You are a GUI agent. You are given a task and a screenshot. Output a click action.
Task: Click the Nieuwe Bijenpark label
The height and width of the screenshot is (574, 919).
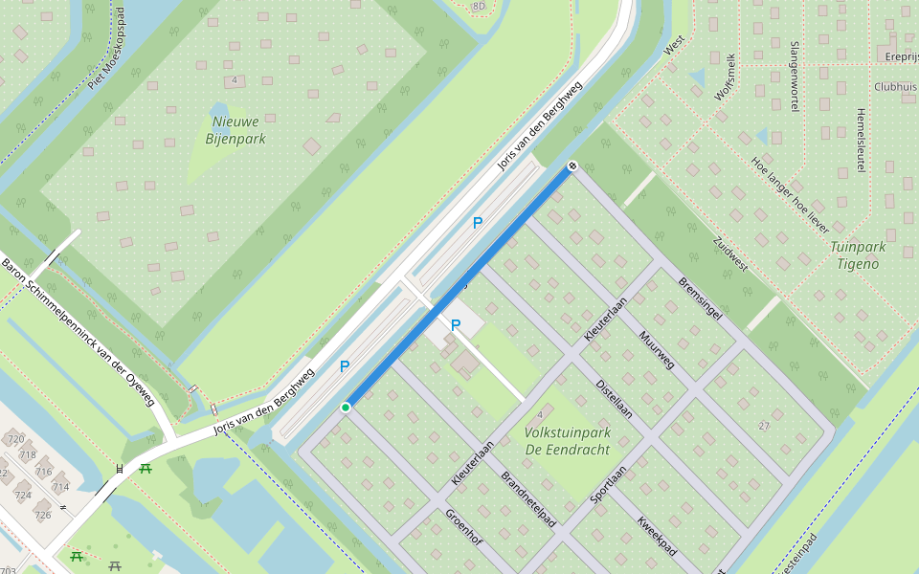pyautogui.click(x=235, y=130)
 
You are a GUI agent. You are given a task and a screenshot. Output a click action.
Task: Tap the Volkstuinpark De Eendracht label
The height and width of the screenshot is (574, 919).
pyautogui.click(x=568, y=440)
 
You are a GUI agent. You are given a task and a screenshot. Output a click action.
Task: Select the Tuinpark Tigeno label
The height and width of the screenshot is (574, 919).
pyautogui.click(x=858, y=254)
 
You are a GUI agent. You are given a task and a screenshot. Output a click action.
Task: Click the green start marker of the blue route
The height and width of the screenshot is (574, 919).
pyautogui.click(x=346, y=408)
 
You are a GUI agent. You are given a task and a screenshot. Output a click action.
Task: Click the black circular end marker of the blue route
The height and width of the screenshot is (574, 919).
pyautogui.click(x=572, y=166)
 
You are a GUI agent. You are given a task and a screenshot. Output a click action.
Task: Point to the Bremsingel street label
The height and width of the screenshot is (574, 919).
pyautogui.click(x=699, y=298)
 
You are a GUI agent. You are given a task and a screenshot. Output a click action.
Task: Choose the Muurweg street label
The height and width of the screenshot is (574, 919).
pyautogui.click(x=657, y=350)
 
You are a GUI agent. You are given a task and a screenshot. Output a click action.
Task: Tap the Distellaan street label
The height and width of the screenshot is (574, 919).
pyautogui.click(x=615, y=398)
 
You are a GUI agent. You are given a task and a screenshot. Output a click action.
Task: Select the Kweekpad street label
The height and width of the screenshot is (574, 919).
pyautogui.click(x=657, y=537)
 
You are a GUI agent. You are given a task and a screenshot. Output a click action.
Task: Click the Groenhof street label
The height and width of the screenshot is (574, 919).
pyautogui.click(x=463, y=526)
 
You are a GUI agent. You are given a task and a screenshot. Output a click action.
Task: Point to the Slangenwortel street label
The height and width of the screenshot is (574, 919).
pyautogui.click(x=795, y=77)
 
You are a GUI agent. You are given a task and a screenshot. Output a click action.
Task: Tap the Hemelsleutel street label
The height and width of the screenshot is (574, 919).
pyautogui.click(x=861, y=140)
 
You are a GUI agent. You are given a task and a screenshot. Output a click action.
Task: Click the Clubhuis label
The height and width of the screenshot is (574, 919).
pyautogui.click(x=895, y=86)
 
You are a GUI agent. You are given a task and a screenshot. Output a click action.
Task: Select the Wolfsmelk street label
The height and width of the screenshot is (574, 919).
pyautogui.click(x=726, y=77)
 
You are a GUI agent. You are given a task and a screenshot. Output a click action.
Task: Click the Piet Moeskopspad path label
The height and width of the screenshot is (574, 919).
pyautogui.click(x=107, y=49)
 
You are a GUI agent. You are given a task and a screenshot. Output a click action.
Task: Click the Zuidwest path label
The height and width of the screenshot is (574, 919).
pyautogui.click(x=730, y=253)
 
